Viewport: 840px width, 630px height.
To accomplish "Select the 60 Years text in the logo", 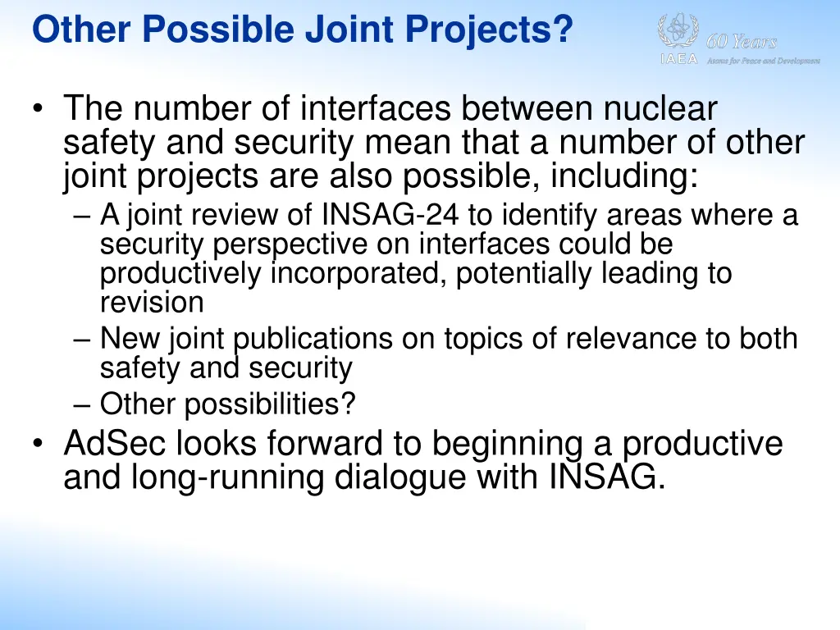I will pyautogui.click(x=742, y=42).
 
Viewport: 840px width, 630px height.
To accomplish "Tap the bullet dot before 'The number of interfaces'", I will pyautogui.click(x=39, y=110).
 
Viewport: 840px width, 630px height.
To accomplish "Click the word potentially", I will pyautogui.click(x=525, y=273).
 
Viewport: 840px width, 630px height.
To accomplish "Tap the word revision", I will pyautogui.click(x=152, y=302).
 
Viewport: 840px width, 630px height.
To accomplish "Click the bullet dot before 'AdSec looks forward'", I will pyautogui.click(x=39, y=444).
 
